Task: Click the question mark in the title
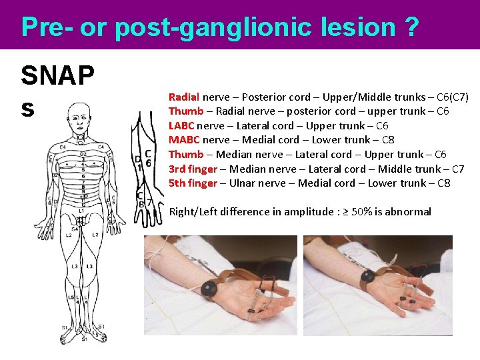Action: point(411,27)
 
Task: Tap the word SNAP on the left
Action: point(57,75)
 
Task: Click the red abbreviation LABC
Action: point(181,126)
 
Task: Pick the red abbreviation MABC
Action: point(183,140)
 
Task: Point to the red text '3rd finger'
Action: point(193,169)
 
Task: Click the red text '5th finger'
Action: point(193,183)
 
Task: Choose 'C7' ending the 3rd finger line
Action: point(457,169)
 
